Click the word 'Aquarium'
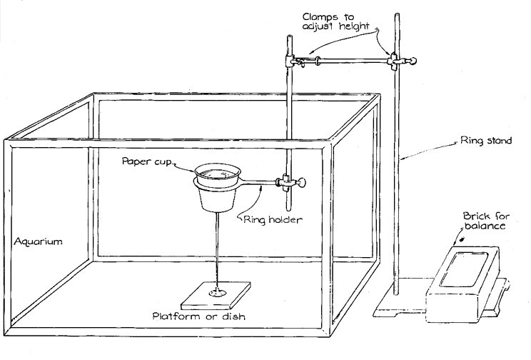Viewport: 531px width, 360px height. [38, 241]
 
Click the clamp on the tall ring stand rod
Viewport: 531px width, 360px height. [394, 63]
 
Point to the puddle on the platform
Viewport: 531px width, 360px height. [217, 293]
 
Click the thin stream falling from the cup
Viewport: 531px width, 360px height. [216, 250]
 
